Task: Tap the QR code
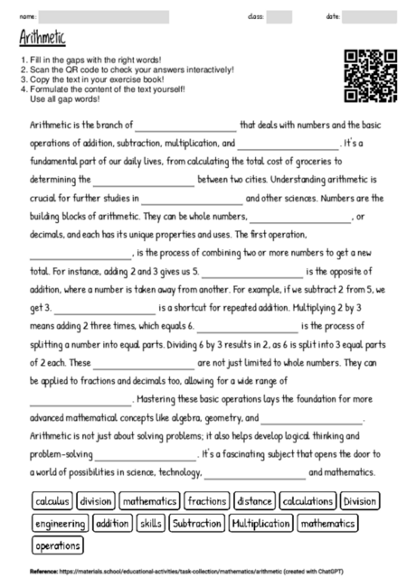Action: (x=371, y=76)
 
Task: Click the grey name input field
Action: (x=104, y=15)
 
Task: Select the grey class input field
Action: (x=279, y=15)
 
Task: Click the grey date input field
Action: (x=370, y=15)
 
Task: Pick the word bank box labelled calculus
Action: (x=52, y=499)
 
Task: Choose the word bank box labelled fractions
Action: (x=208, y=499)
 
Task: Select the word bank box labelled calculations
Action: (x=307, y=499)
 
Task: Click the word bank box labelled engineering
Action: (x=60, y=522)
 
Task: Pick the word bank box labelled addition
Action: (x=112, y=522)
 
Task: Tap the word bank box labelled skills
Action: (x=151, y=522)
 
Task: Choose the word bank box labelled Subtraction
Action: (x=196, y=522)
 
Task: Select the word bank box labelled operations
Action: (x=57, y=545)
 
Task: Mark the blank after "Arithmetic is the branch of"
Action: (x=185, y=126)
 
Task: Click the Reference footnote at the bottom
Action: (x=185, y=572)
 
